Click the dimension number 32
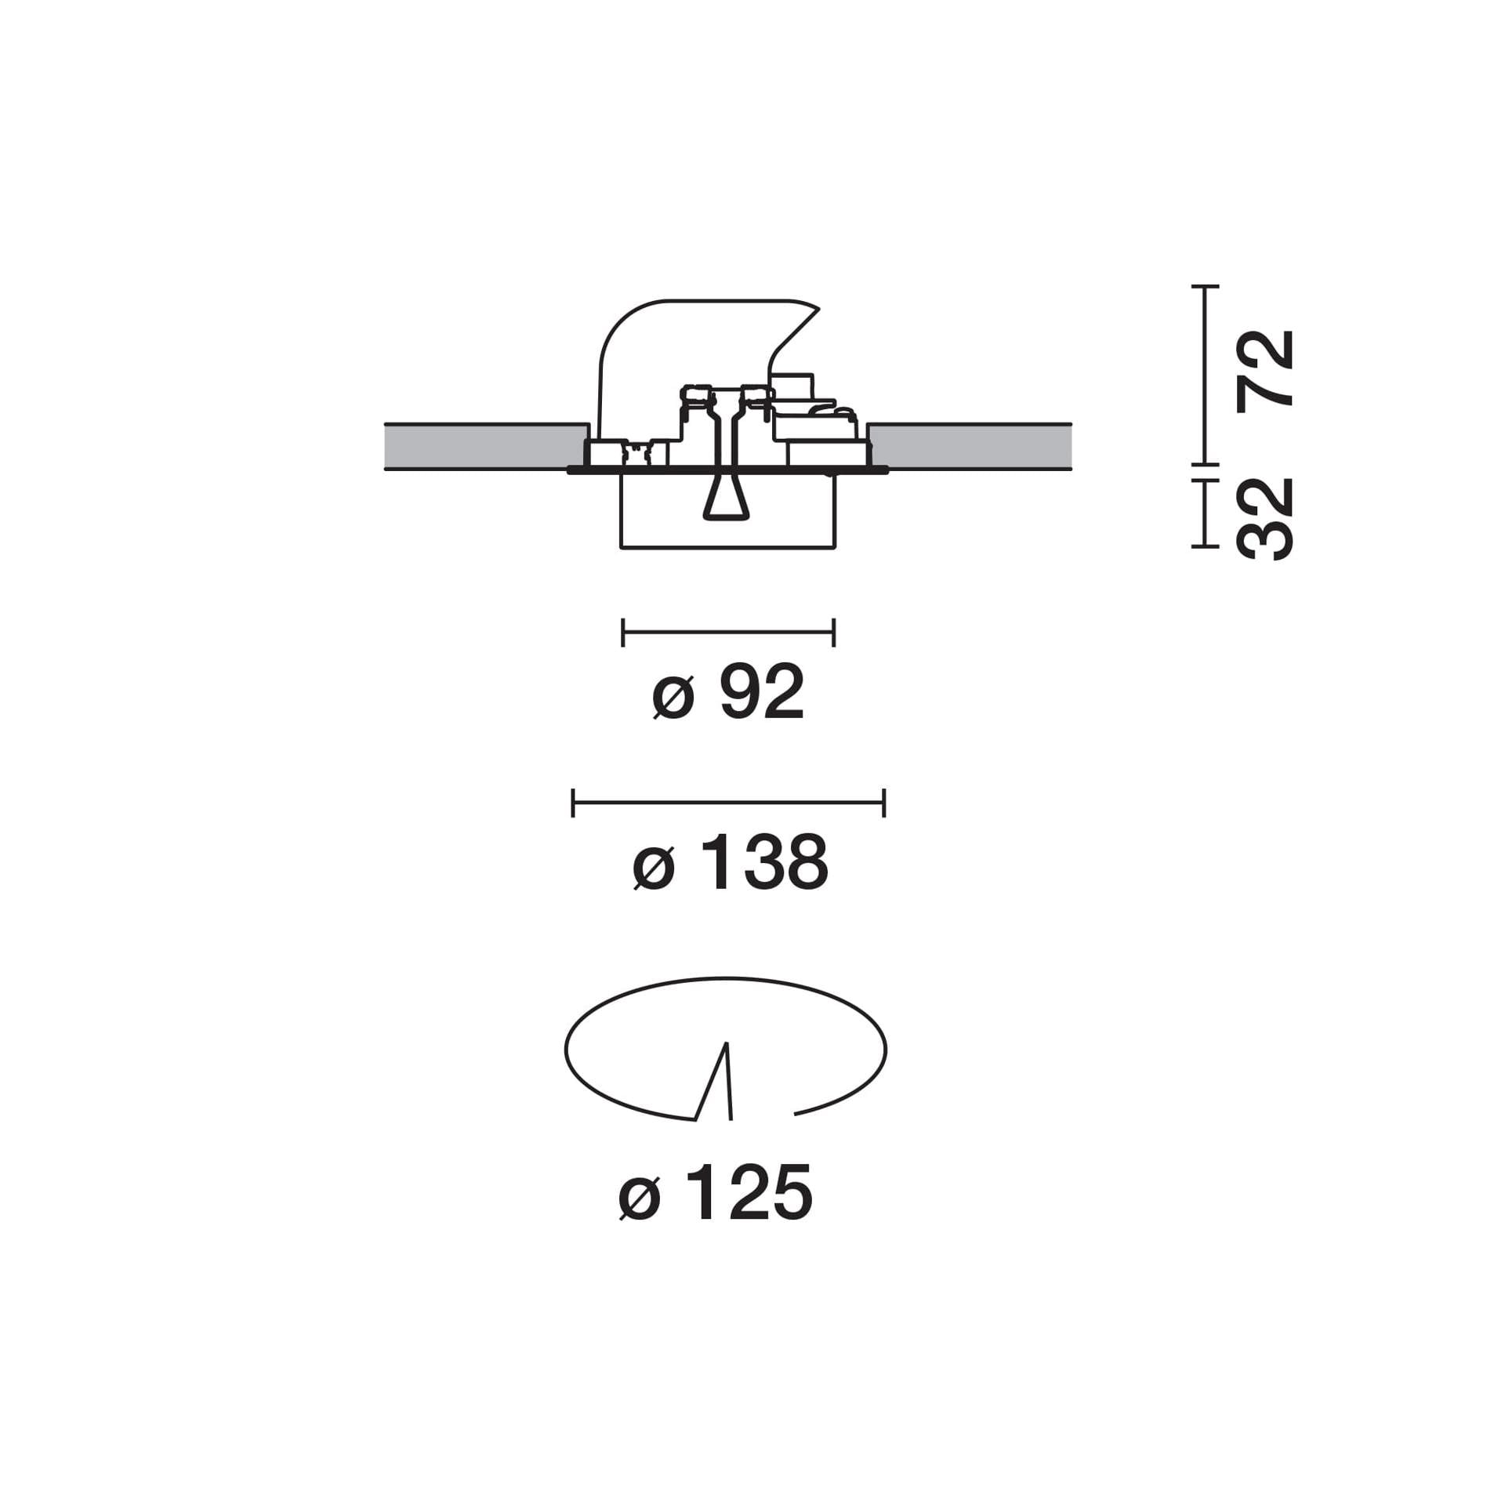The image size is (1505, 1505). point(1264,519)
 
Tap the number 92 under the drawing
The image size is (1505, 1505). point(762,691)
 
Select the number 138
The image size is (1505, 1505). point(764,862)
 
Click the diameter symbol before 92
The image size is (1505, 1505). point(673,698)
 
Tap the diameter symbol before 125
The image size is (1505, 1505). point(640,1199)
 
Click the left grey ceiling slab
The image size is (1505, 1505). point(486,447)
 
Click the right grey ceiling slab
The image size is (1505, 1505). point(969,447)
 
